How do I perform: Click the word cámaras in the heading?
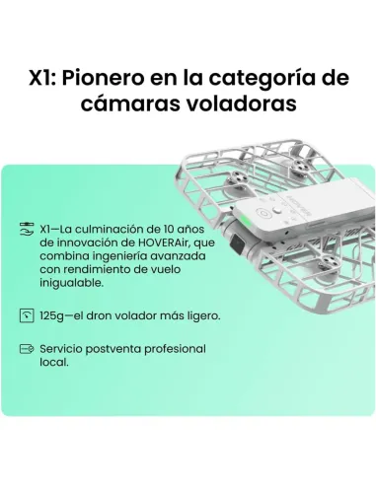tap(134, 104)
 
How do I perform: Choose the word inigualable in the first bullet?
tap(71, 283)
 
